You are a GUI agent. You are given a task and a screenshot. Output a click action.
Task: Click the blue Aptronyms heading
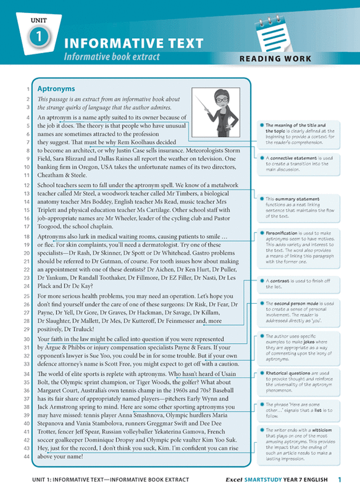56,88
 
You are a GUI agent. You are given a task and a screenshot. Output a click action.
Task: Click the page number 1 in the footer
339,479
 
